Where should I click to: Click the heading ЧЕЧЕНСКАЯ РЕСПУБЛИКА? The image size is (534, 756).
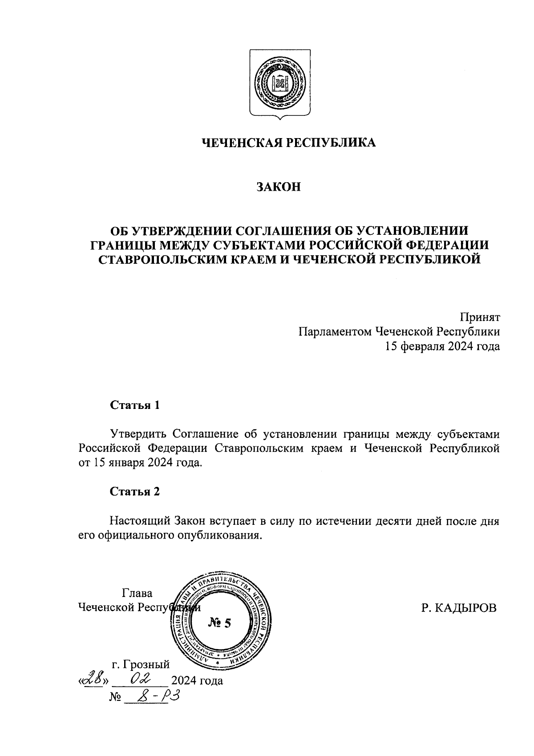(x=289, y=143)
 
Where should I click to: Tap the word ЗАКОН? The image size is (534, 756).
(x=278, y=187)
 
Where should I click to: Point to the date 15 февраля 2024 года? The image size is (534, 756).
(x=442, y=346)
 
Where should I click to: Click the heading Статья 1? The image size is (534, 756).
(x=134, y=405)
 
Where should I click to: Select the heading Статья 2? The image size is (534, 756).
(x=134, y=491)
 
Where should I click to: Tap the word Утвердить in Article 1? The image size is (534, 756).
(x=138, y=433)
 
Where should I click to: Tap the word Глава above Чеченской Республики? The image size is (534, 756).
(x=137, y=593)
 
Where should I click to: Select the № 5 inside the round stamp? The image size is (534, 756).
(x=219, y=623)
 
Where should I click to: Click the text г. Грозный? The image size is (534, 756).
(x=141, y=664)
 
